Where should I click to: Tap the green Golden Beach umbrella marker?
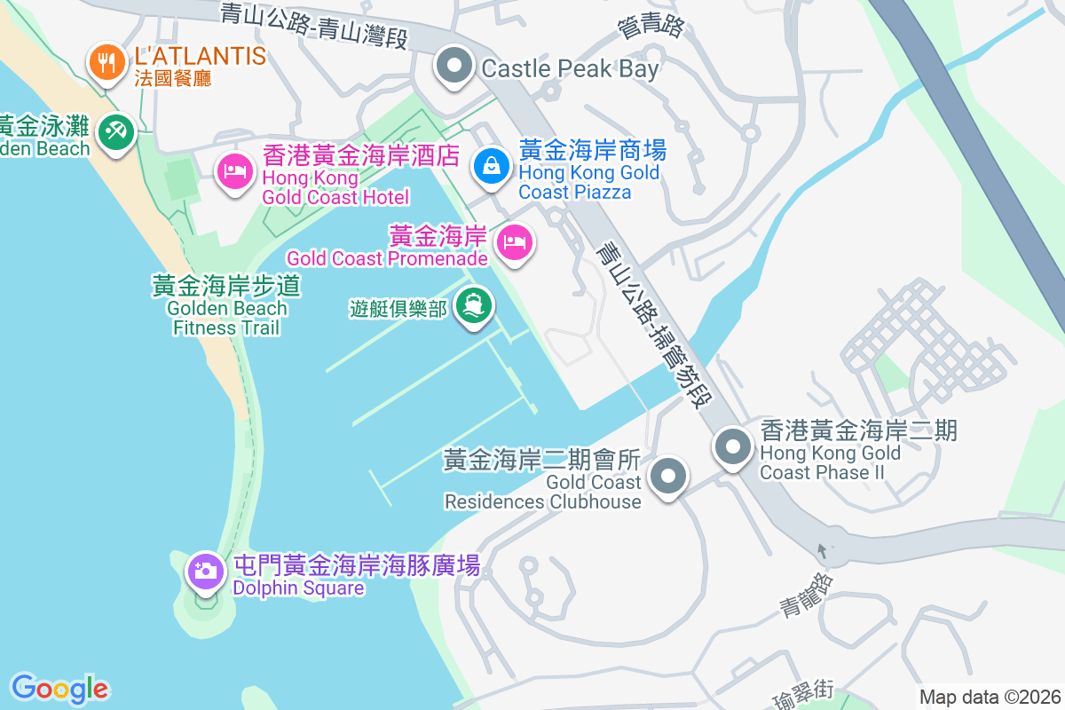pyautogui.click(x=115, y=133)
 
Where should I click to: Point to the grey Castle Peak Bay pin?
pyautogui.click(x=454, y=66)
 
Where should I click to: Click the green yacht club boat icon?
pyautogui.click(x=473, y=305)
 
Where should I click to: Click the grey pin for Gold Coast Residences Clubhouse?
pyautogui.click(x=667, y=477)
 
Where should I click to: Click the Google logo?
pyautogui.click(x=59, y=688)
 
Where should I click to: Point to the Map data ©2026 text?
pyautogui.click(x=990, y=697)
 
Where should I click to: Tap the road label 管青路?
pyautogui.click(x=651, y=26)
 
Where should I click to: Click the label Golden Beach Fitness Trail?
pyautogui.click(x=227, y=307)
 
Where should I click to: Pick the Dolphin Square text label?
pyautogui.click(x=298, y=588)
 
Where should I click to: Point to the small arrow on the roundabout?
pyautogui.click(x=821, y=550)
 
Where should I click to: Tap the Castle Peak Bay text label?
pyautogui.click(x=570, y=69)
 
